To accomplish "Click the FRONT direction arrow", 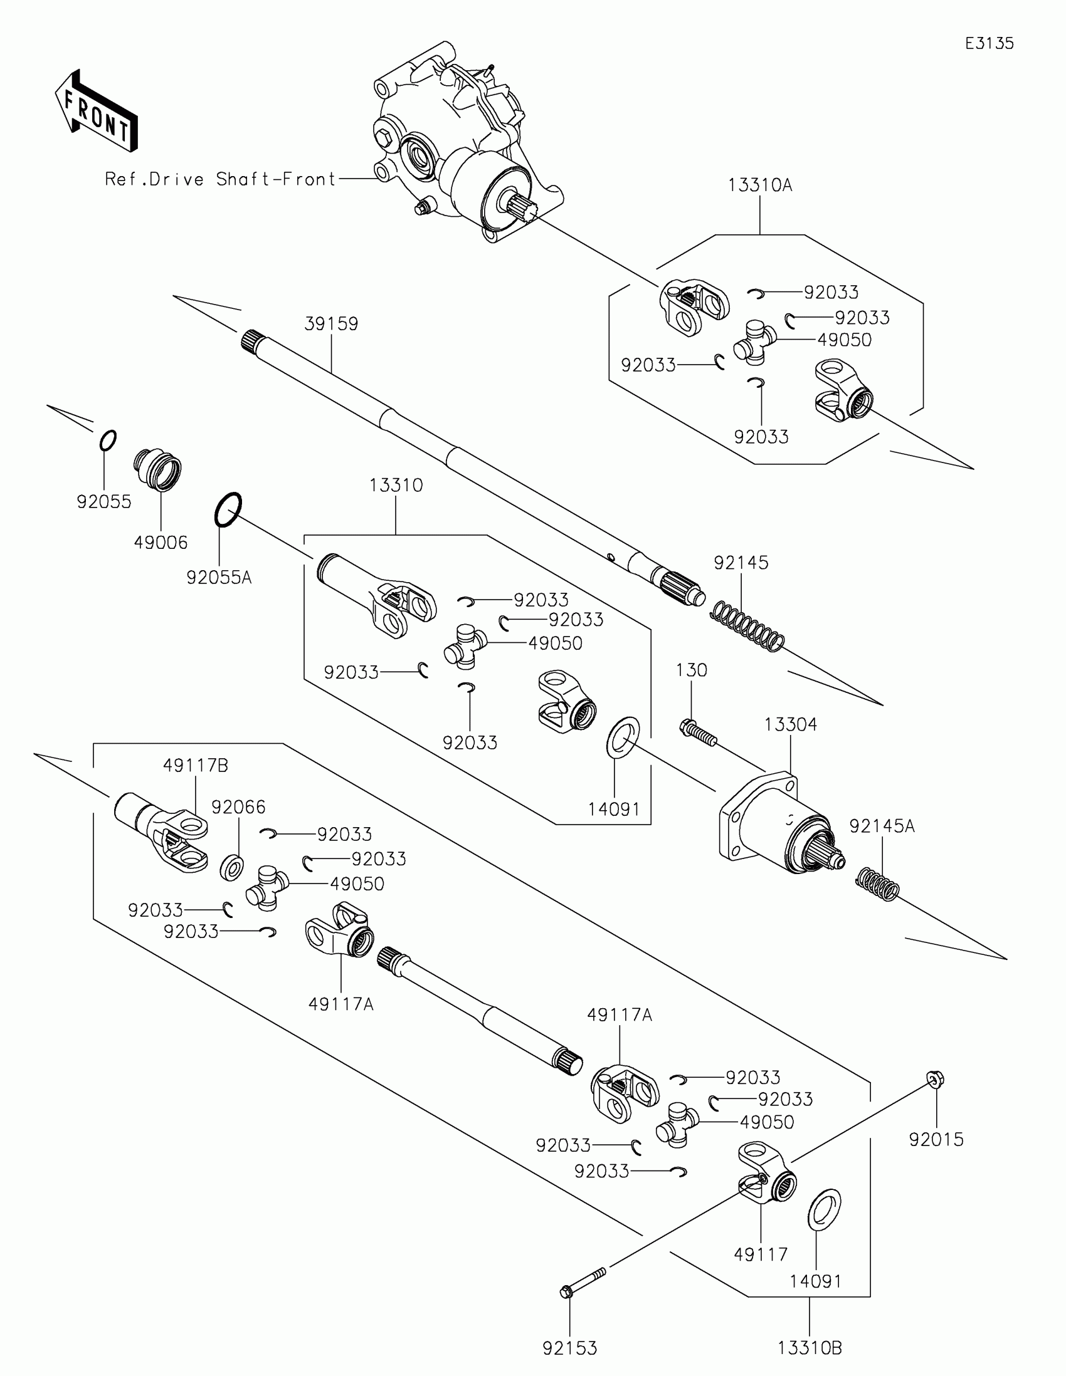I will [97, 112].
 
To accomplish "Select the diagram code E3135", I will [989, 43].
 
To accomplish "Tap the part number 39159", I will [331, 324].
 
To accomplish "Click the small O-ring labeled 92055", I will [108, 440].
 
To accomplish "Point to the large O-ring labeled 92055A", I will [228, 509].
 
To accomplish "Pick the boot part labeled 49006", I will [157, 470].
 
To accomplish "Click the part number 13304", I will [791, 724].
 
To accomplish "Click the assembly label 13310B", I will [810, 1348].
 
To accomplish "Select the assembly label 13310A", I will [759, 185].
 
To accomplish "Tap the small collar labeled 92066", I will [232, 868].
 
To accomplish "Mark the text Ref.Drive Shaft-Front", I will [221, 180].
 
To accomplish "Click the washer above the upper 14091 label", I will [623, 738].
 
